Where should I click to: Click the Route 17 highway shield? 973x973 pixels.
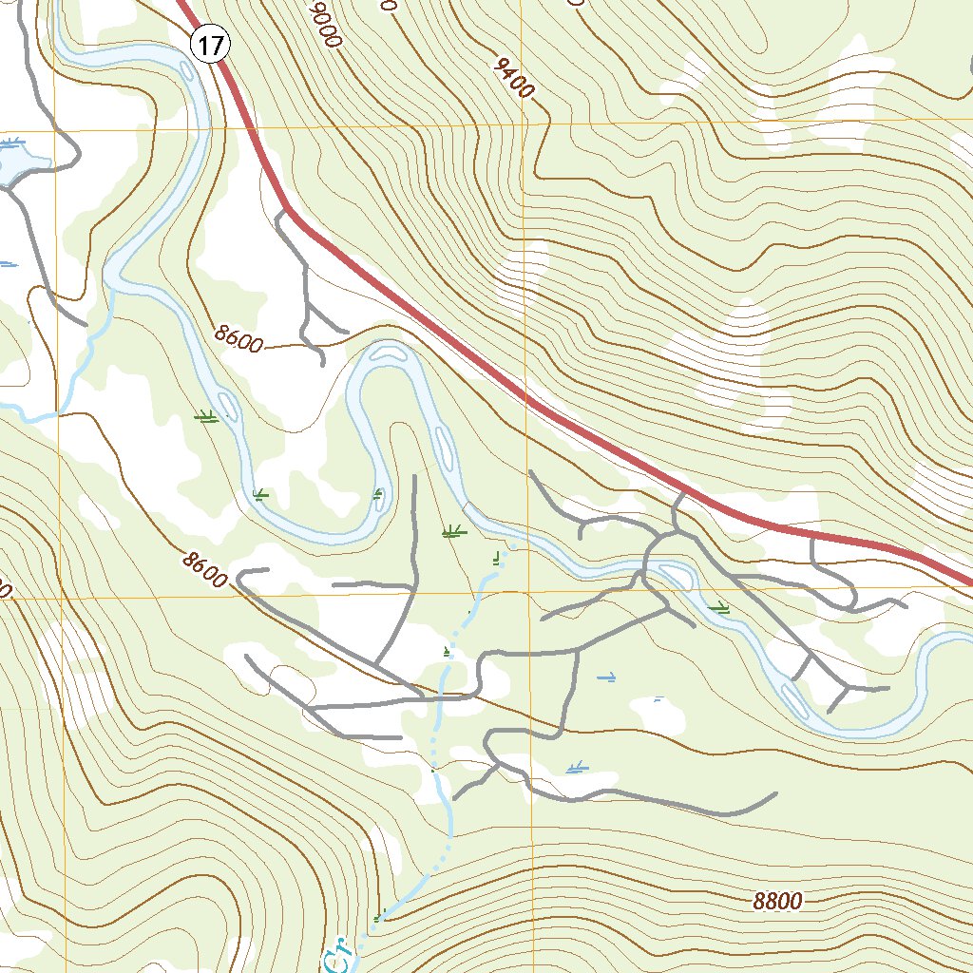[210, 45]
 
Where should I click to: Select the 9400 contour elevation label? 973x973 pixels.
[514, 78]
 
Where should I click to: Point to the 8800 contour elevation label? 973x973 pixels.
[777, 902]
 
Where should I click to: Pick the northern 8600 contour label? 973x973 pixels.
[238, 338]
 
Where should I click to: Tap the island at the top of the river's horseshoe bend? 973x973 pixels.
[388, 353]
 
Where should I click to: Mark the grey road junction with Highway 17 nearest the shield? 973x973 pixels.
[286, 209]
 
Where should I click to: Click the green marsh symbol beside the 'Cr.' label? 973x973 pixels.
[380, 917]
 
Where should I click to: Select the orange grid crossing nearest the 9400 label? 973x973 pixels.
[524, 124]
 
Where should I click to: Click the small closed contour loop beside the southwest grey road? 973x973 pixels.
[286, 680]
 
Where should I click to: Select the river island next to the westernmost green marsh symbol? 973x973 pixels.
[224, 404]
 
